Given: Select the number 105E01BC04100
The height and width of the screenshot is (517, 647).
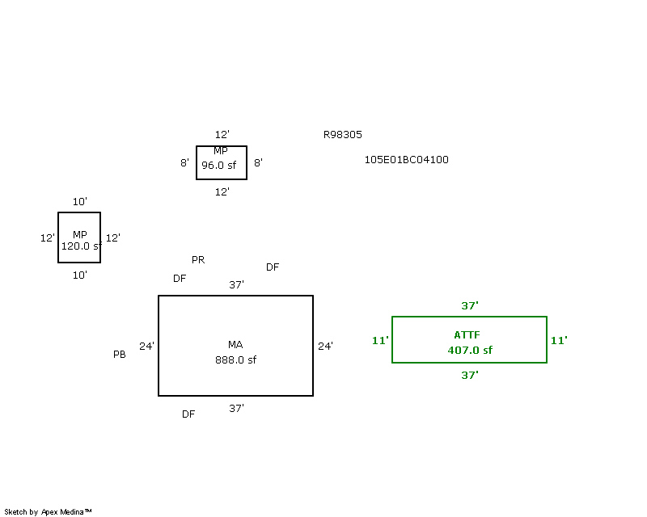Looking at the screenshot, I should click(x=406, y=160).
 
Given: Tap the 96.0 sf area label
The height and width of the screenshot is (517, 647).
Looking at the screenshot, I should click(x=218, y=165).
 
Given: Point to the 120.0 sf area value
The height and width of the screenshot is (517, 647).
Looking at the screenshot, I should click(x=80, y=246).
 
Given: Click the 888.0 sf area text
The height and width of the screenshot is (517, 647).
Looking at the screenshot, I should click(x=235, y=360).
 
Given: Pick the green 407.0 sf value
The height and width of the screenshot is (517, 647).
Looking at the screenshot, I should click(x=469, y=351).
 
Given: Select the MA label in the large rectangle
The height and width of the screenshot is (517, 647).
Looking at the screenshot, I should click(x=235, y=345).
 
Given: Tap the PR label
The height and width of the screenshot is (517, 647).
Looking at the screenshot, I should click(x=198, y=260).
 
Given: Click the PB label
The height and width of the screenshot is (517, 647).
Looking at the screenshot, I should click(x=120, y=355).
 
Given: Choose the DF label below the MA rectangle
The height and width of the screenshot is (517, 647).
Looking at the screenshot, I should click(x=188, y=414).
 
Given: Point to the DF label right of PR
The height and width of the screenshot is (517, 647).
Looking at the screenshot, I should click(x=273, y=267).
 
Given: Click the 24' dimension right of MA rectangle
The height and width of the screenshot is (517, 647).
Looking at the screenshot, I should click(x=325, y=347).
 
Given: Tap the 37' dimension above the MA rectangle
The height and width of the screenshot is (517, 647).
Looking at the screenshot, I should click(x=236, y=285).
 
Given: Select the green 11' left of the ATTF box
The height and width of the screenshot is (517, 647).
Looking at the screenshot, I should click(x=380, y=341).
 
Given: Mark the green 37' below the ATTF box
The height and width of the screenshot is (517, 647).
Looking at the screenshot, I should click(x=470, y=376).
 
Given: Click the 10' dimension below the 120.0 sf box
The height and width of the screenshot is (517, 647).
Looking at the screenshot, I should click(x=79, y=275).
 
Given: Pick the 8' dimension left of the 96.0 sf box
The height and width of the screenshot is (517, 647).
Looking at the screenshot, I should click(x=185, y=163).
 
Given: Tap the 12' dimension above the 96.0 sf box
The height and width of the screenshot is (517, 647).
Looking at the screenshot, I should click(x=222, y=135).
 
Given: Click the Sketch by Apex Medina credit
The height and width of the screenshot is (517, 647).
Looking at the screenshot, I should click(x=49, y=511).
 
